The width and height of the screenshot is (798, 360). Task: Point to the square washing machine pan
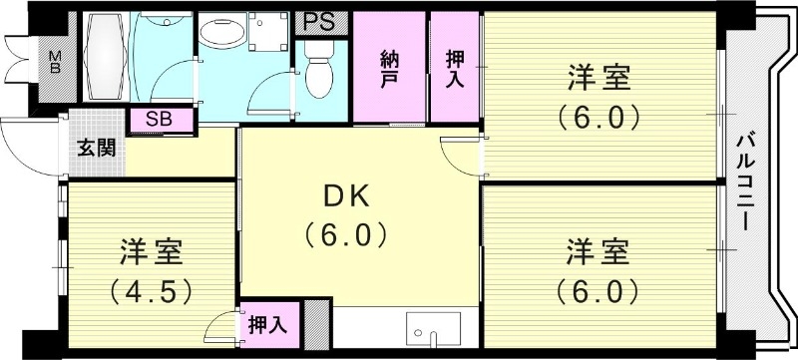266,36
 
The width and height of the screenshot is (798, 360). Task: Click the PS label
320,21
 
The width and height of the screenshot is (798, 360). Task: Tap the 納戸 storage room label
389,69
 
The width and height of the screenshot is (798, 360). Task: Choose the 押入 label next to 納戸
455,69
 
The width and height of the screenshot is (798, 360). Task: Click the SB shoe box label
158,120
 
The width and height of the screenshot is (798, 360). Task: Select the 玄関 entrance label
97,150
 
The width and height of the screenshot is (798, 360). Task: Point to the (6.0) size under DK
344,236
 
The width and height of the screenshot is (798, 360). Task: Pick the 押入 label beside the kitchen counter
267,325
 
